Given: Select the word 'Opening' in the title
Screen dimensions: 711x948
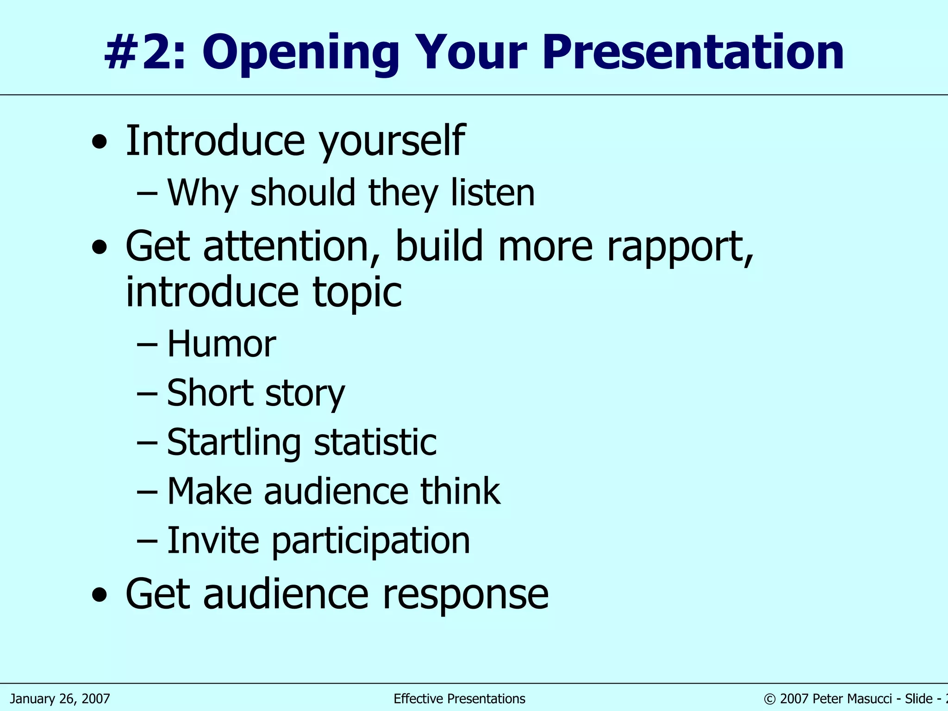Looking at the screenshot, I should [x=300, y=54].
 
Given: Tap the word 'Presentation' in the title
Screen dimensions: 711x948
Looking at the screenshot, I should [x=693, y=54].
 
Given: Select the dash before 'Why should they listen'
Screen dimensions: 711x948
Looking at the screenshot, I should [x=148, y=193].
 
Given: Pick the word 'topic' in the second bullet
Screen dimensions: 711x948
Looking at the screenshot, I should [x=357, y=293].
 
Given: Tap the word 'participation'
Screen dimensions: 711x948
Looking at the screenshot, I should [x=370, y=541].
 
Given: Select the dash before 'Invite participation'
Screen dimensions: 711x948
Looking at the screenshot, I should [x=148, y=541].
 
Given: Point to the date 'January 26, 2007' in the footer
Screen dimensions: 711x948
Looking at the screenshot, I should [x=60, y=699].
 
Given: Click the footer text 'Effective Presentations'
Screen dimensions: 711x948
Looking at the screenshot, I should [x=459, y=699].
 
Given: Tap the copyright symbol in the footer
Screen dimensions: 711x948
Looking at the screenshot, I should [x=769, y=699].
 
